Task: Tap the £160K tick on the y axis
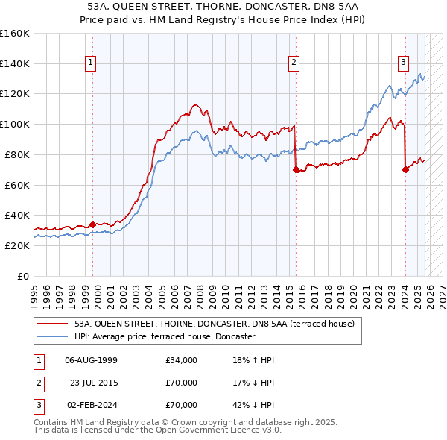point(15,34)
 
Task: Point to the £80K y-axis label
point(16,154)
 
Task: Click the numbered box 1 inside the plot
point(90,63)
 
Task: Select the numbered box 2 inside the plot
point(294,63)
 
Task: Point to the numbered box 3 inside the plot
point(403,63)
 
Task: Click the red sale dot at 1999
point(92,224)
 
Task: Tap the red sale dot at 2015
point(297,169)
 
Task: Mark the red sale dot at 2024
point(405,169)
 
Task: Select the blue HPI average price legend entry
point(164,337)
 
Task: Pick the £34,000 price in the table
point(182,360)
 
